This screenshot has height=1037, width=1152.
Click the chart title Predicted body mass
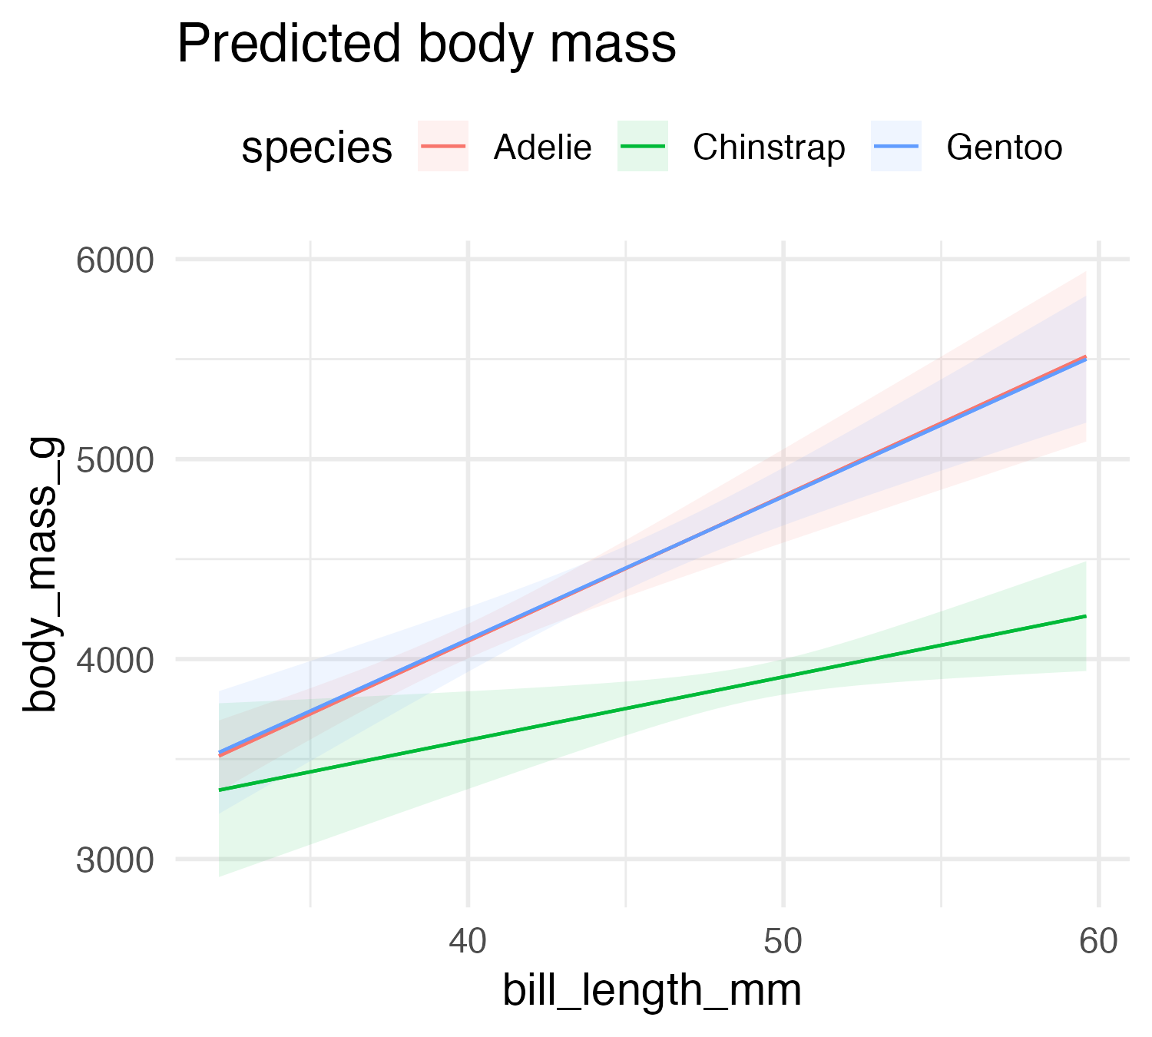426,45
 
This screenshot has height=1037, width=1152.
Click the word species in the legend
316,147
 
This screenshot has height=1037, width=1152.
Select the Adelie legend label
542,147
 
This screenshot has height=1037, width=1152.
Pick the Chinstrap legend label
769,147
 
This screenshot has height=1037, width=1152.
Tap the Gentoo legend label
1005,147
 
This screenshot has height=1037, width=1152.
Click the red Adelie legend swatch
443,146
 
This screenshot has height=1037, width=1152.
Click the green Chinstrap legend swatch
643,146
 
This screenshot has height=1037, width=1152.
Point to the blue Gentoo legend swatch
895,146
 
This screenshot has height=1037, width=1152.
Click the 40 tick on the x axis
468,942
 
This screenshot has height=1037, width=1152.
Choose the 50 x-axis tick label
783,942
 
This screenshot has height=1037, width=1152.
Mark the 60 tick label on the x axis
1098,942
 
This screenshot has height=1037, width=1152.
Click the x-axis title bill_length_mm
652,991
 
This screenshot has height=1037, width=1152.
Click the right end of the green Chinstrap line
1085,616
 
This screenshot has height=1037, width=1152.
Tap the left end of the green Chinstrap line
220,790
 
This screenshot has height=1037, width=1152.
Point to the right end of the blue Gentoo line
1085,359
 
